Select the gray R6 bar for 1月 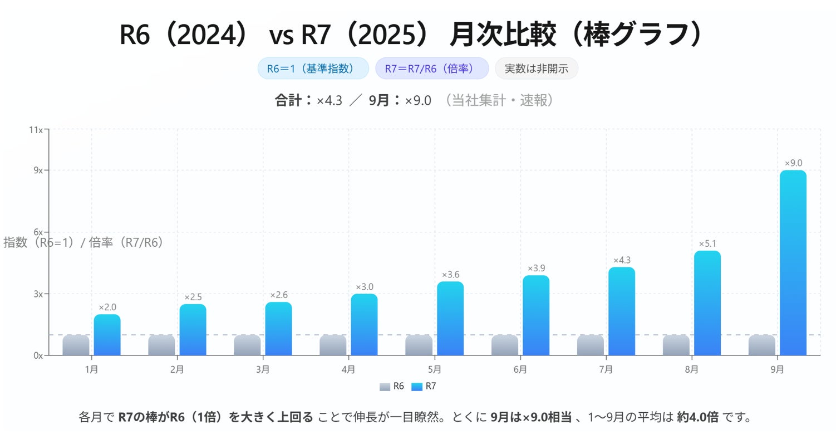(x=76, y=345)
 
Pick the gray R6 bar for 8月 (x=676, y=345)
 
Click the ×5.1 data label (x=707, y=243)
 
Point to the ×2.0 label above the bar (x=107, y=307)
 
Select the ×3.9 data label (x=535, y=269)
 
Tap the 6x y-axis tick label (x=38, y=232)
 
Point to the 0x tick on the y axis (x=38, y=355)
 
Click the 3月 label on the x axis (x=263, y=369)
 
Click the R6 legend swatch (x=385, y=387)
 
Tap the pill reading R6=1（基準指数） (x=313, y=69)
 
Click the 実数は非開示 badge (x=536, y=69)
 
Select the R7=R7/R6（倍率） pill (x=431, y=69)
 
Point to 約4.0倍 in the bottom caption (x=697, y=417)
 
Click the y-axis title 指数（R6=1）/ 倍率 (x=83, y=243)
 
